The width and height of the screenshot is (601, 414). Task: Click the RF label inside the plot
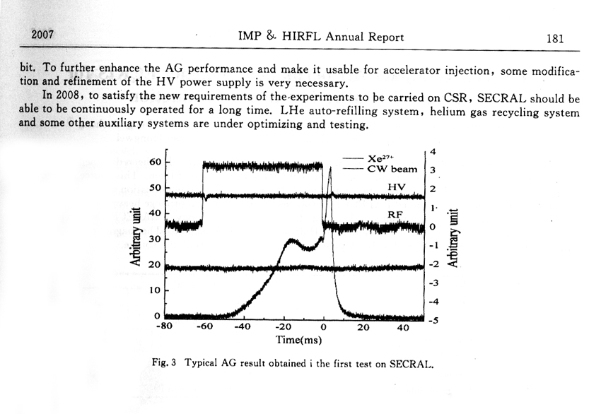pyautogui.click(x=396, y=214)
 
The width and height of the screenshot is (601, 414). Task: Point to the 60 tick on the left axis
pyautogui.click(x=156, y=162)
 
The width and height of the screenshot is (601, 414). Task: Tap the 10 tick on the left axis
pyautogui.click(x=156, y=290)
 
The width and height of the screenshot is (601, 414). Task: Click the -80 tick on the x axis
pyautogui.click(x=165, y=327)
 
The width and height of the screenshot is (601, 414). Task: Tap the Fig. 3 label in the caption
pyautogui.click(x=165, y=362)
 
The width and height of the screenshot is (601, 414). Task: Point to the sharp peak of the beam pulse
pyautogui.click(x=329, y=167)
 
